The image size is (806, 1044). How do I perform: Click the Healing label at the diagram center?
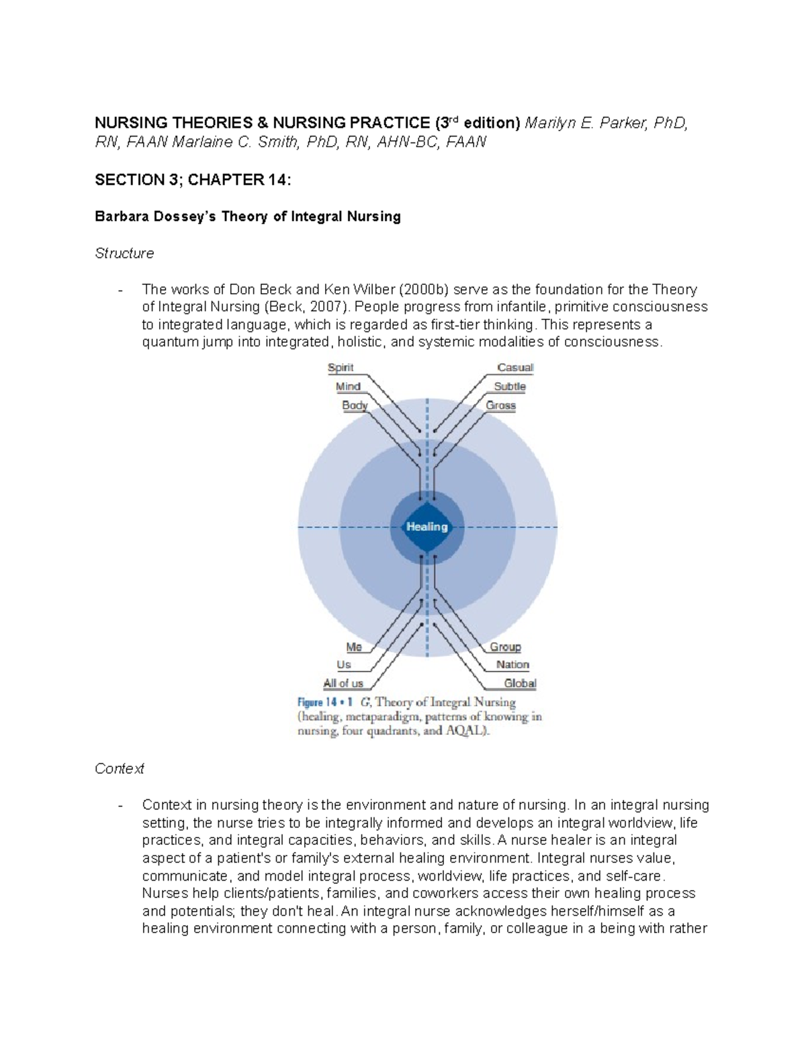(x=427, y=526)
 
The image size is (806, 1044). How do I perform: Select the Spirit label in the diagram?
(x=341, y=368)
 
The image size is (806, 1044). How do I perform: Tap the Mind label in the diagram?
(x=348, y=387)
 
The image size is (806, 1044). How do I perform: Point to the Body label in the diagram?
(x=355, y=405)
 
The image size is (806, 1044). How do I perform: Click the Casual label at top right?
(x=515, y=368)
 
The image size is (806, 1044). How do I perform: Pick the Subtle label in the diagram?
(x=510, y=387)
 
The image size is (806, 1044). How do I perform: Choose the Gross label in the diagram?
(x=501, y=405)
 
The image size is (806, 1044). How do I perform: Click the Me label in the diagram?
(x=354, y=647)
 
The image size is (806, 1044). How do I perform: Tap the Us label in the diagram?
(x=344, y=665)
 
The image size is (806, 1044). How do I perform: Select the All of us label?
(x=343, y=683)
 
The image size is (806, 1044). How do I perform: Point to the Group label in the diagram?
(x=505, y=647)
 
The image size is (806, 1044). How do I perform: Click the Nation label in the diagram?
(x=512, y=665)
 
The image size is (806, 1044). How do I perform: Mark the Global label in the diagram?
(x=520, y=683)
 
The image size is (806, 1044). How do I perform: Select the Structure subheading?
(x=124, y=253)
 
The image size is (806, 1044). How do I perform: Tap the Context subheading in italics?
(x=120, y=768)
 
